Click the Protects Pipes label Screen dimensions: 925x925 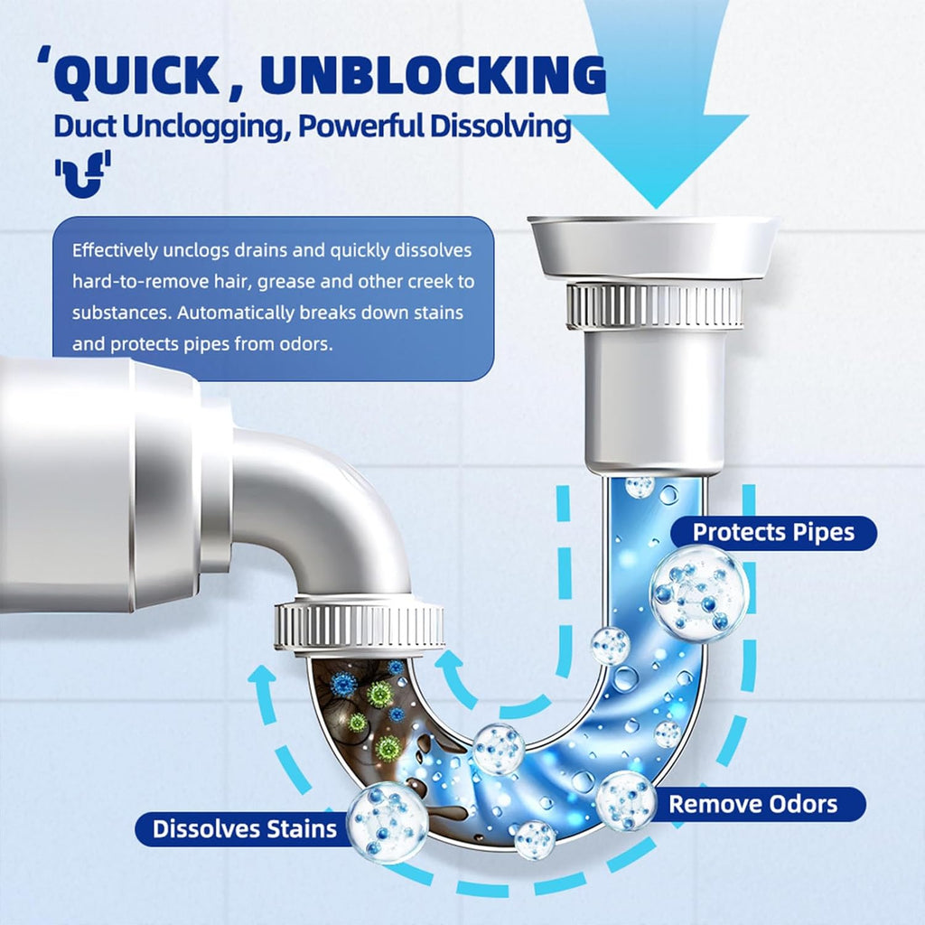[772, 532]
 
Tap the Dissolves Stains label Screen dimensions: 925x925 [244, 828]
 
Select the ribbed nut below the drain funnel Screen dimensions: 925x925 [654, 307]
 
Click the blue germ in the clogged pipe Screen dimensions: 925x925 [343, 684]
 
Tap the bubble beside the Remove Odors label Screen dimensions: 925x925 [626, 800]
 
